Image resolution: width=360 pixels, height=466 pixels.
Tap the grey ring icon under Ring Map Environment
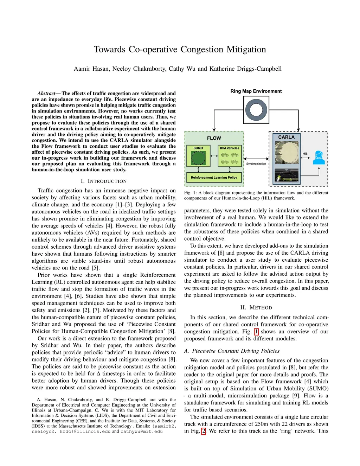pos(256,110)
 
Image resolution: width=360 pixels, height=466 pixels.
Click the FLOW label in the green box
pos(214,138)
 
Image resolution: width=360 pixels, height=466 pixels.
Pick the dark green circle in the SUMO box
pos(198,158)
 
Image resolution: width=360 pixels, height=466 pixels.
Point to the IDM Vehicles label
pos(230,148)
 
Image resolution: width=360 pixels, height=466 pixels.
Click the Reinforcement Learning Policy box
pos(214,178)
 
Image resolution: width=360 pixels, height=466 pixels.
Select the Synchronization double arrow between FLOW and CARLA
pos(256,159)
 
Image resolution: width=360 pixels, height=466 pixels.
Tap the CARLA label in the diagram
pos(286,137)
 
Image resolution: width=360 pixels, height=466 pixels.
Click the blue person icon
pos(319,158)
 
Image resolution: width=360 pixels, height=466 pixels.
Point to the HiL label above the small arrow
pos(305,154)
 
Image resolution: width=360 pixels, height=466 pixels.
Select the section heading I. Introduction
pos(103,181)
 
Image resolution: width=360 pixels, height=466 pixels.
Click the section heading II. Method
pos(256,308)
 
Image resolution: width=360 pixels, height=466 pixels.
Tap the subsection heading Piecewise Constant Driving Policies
pos(236,351)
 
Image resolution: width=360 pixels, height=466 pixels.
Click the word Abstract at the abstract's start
pos(46,94)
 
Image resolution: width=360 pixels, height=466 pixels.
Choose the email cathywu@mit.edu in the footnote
pos(142,432)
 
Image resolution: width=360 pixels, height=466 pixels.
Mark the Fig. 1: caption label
pos(191,193)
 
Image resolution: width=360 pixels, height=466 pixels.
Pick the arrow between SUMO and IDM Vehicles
pos(214,156)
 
